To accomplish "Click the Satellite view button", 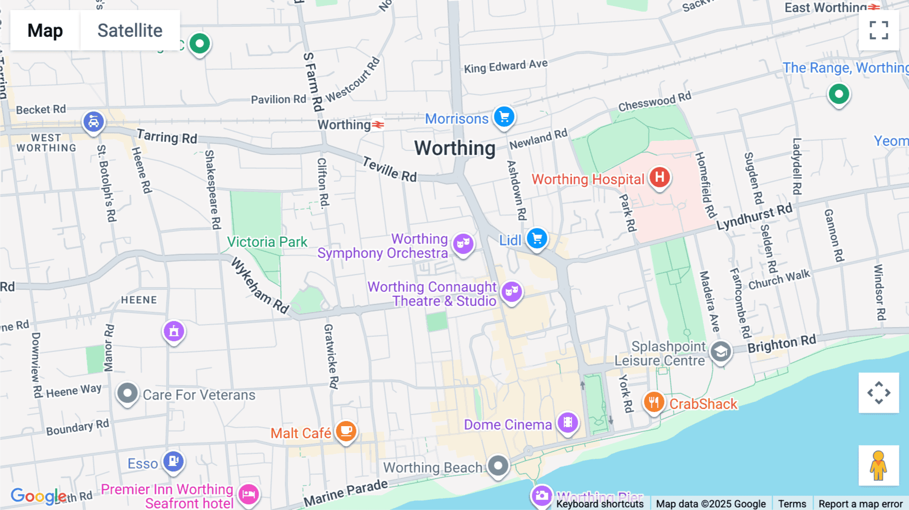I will [130, 30].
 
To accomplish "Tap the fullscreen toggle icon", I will [879, 30].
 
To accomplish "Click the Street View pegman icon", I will [879, 465].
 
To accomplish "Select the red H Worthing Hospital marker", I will [660, 177].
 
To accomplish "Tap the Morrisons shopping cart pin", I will [504, 117].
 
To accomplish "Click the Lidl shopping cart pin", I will [537, 238].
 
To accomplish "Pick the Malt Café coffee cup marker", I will [346, 431].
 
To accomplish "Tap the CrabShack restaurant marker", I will [654, 402].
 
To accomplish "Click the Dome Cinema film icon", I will [568, 422].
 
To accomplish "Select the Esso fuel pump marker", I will [173, 461].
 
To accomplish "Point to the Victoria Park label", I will [267, 242].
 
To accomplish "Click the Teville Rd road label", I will [390, 170].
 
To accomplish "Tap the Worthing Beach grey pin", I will [498, 466].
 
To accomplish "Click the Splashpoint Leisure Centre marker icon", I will [721, 351].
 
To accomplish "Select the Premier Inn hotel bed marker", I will [248, 494].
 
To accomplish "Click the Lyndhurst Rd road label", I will [754, 217].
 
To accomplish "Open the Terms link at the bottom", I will [792, 503].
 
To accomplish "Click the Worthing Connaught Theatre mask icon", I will [512, 291].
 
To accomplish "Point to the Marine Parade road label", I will [346, 493].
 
